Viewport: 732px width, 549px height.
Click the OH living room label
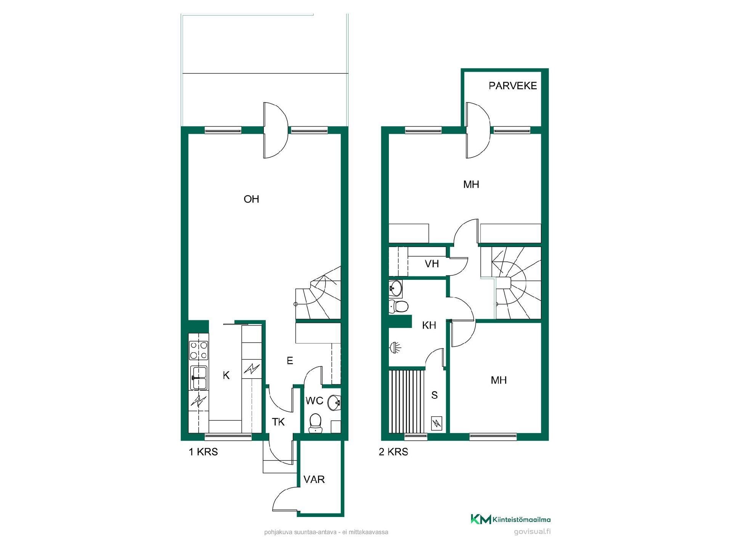click(x=251, y=199)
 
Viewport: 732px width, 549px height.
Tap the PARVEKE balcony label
click(x=513, y=86)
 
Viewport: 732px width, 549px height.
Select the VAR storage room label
click(x=314, y=480)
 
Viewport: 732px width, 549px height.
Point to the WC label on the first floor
click(x=315, y=401)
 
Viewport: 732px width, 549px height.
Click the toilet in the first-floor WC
click(x=316, y=423)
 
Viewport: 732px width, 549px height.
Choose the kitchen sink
click(x=199, y=378)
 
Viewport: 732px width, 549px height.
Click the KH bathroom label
click(x=429, y=325)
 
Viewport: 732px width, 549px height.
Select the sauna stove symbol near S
click(x=436, y=423)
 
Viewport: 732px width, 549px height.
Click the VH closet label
click(x=432, y=264)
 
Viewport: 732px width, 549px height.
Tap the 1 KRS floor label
click(x=203, y=452)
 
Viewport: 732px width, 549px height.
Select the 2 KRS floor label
click(x=393, y=452)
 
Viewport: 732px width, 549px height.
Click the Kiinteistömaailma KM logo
click(x=510, y=519)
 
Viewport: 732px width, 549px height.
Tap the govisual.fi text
click(x=532, y=532)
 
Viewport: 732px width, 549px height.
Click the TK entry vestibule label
click(x=278, y=422)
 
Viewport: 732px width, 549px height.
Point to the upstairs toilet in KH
click(x=399, y=306)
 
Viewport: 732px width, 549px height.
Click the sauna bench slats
click(x=406, y=401)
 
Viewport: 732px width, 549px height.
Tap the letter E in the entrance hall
click(x=290, y=361)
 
